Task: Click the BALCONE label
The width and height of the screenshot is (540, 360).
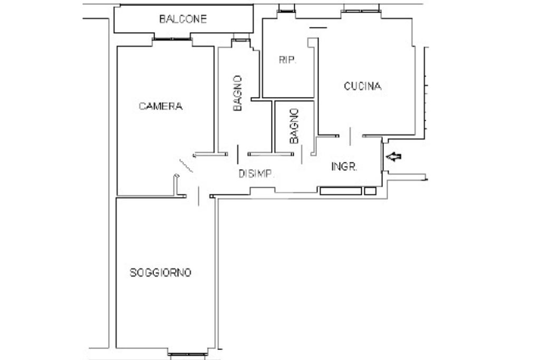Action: pos(183,19)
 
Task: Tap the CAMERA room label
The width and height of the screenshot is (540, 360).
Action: pos(160,106)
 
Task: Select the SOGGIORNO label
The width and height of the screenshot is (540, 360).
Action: pos(160,273)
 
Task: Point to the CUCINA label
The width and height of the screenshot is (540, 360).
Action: pos(363,86)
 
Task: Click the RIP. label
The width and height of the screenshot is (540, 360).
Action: pos(287,60)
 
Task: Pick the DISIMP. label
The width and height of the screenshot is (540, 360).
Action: pos(257,174)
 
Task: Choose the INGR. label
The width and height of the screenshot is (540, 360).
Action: pos(344,167)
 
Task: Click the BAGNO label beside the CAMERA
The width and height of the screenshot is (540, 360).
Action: pos(238,93)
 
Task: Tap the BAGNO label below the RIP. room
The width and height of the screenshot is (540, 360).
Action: pos(294,126)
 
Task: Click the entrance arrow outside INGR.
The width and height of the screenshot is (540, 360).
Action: pos(393,157)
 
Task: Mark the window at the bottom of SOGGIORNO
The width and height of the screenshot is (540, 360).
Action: pos(188,354)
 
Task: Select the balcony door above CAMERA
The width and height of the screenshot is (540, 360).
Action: pos(172,39)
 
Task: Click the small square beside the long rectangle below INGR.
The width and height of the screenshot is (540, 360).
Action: pos(370,191)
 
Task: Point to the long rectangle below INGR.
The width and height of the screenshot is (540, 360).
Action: pos(341,191)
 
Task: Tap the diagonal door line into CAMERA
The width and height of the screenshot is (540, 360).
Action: pos(186,166)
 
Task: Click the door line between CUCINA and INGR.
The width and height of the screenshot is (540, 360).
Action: pos(350,137)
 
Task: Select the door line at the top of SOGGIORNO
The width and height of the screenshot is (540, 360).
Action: pos(198,196)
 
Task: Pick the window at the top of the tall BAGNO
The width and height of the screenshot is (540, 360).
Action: pos(240,40)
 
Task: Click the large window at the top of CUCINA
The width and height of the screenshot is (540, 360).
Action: pos(361,12)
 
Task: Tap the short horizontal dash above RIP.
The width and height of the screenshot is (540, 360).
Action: pos(318,27)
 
